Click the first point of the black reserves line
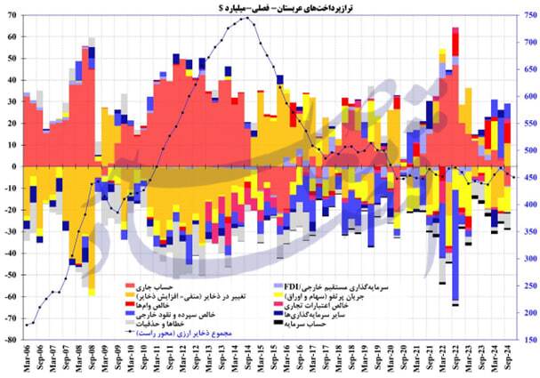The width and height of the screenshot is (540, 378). [x=27, y=325]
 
